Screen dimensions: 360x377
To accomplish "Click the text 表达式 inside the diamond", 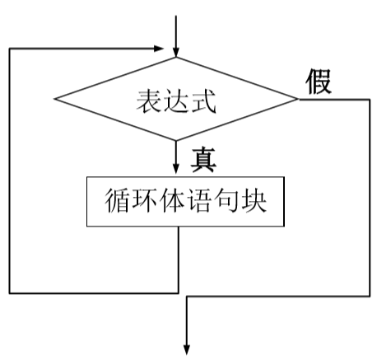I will [175, 101].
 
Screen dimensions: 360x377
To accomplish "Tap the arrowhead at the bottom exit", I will [188, 346].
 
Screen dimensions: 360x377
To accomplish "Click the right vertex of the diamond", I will [296, 100].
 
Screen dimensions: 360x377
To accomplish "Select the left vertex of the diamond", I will [54, 100].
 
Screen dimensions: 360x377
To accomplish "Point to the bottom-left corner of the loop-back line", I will [10, 292].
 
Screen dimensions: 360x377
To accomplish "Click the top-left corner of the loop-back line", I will [10, 48].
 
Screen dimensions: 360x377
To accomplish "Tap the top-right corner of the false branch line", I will [370, 100].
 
